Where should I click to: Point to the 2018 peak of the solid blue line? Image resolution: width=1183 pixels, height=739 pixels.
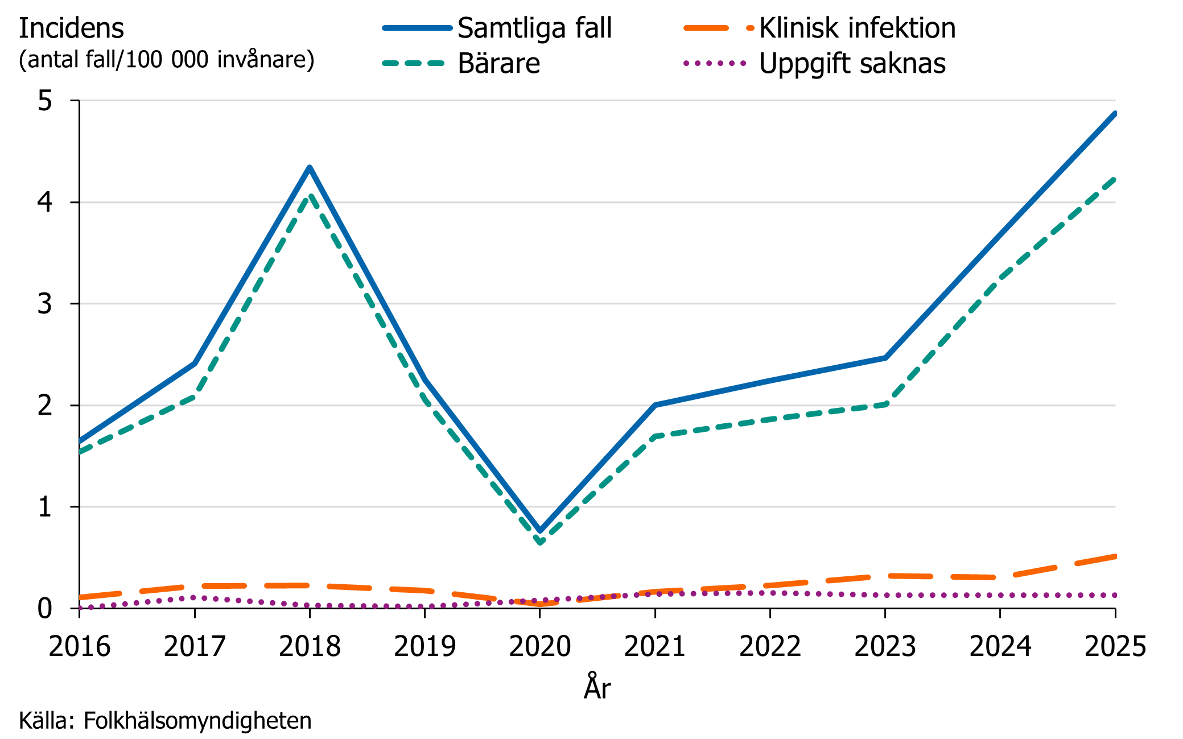coord(310,168)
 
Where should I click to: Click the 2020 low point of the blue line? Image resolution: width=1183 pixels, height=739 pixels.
coord(540,531)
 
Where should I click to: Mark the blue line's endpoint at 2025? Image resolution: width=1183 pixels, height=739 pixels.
coord(1115,114)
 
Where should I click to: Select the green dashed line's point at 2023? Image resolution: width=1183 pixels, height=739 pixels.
coord(885,404)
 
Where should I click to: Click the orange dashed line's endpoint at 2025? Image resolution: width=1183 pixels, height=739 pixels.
coord(1115,556)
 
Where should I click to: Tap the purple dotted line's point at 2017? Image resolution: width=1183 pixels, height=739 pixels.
coord(195,597)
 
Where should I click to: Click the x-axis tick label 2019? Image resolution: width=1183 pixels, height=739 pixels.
coord(424,647)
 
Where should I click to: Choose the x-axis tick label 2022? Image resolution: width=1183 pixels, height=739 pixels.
coord(770,647)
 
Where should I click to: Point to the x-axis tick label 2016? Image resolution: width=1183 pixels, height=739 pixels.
coord(80,647)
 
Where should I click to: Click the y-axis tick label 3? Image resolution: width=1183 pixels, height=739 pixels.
coord(45,304)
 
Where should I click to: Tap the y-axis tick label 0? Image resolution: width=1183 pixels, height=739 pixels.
coord(45,609)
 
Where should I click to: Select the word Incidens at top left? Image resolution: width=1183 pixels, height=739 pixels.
coord(71,28)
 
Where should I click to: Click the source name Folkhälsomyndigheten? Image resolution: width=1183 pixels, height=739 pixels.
coord(197,721)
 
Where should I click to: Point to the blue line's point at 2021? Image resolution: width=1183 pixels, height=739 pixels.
coord(655,405)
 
